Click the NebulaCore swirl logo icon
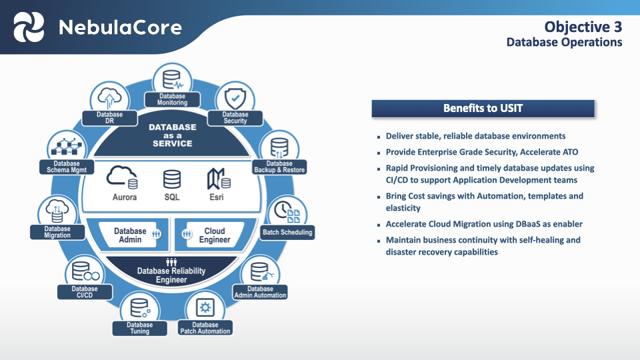(x=29, y=27)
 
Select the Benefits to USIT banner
(x=483, y=108)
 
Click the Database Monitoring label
(x=173, y=100)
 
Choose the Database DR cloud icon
(x=109, y=98)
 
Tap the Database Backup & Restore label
(x=279, y=167)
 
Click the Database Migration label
(x=57, y=232)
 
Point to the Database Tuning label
(x=140, y=328)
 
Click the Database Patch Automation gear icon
(x=205, y=307)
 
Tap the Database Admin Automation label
(x=261, y=292)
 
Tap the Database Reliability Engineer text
(x=171, y=275)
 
